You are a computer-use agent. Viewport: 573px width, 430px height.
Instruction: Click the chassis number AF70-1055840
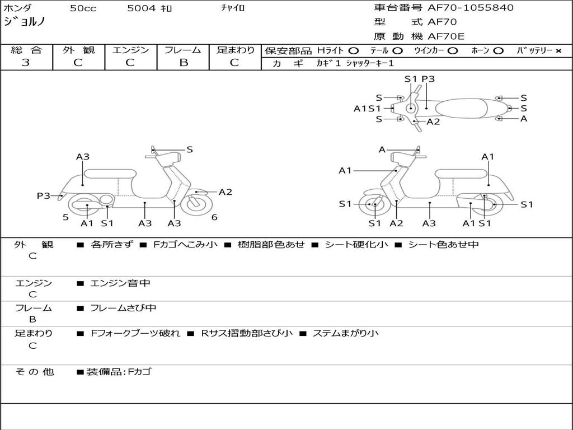point(470,8)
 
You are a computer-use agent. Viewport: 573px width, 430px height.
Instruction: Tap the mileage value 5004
point(142,8)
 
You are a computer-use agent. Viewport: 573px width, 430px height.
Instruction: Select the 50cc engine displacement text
point(83,8)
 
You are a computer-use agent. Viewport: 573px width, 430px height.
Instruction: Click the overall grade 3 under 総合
point(26,63)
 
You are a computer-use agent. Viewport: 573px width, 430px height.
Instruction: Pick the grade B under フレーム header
point(184,63)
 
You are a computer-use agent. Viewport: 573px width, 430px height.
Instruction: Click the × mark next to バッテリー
point(558,51)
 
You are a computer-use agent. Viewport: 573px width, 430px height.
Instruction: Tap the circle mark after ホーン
point(498,51)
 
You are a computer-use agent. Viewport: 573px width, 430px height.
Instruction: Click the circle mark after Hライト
point(354,51)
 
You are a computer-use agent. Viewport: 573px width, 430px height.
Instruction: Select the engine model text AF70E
point(446,36)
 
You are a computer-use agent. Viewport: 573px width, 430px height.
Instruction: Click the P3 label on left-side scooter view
point(44,195)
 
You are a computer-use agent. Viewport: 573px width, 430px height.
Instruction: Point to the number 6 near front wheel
point(214,217)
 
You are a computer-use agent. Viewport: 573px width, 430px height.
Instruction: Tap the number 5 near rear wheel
point(65,217)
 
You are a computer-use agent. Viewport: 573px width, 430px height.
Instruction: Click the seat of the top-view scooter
point(461,108)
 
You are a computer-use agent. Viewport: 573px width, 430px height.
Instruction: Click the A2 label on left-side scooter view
point(226,192)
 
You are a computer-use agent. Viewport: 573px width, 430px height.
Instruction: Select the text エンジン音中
point(120,283)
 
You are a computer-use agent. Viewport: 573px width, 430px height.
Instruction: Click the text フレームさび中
point(123,308)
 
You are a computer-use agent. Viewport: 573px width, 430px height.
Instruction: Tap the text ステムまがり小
point(345,333)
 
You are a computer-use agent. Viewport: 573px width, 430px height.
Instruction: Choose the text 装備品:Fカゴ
point(119,372)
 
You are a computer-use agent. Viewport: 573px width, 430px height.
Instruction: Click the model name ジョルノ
point(25,22)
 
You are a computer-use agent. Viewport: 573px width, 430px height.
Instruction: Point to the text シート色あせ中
point(443,244)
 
